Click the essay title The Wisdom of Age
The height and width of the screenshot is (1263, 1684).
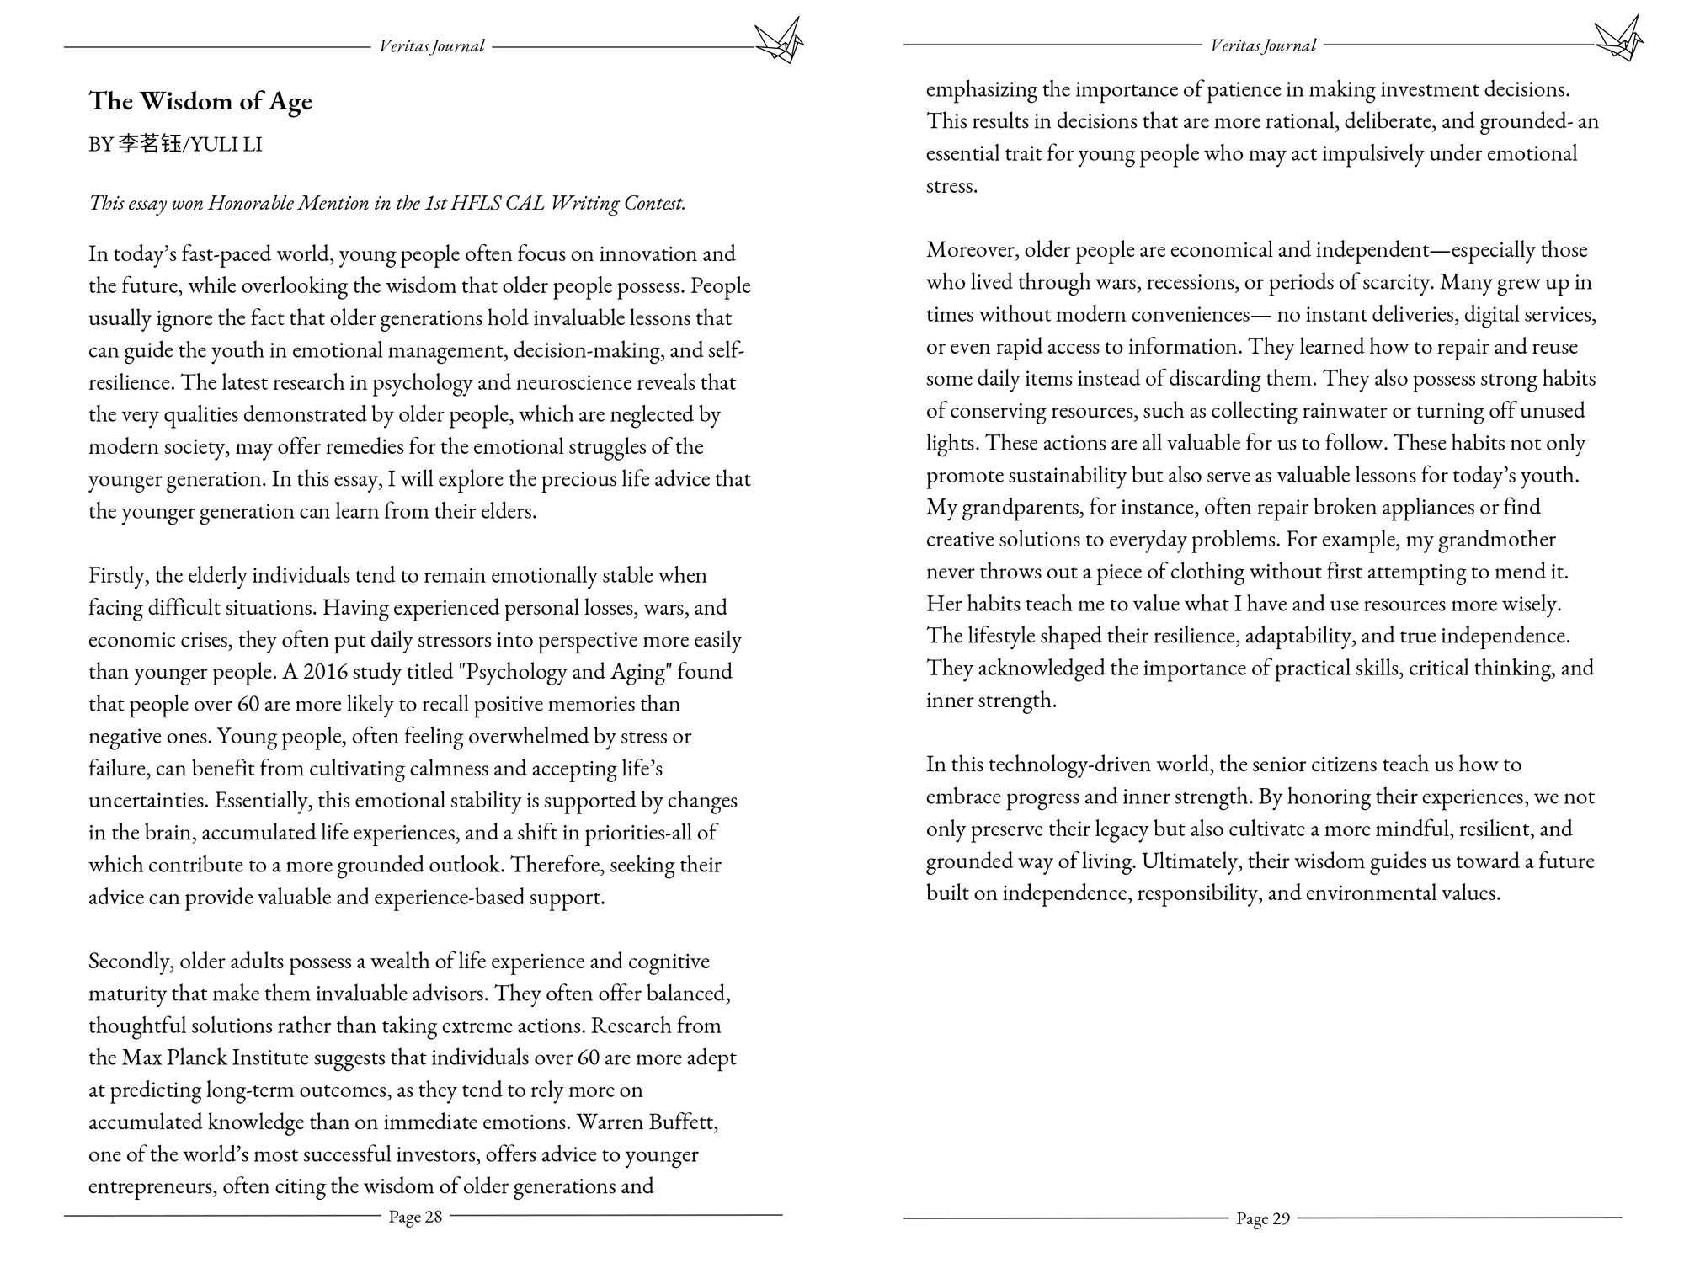pos(200,101)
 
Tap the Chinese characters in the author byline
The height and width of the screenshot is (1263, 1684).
pos(149,144)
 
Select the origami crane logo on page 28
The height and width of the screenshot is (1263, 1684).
pos(779,40)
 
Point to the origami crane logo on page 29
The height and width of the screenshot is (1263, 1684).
pos(1618,38)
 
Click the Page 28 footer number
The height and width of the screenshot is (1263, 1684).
pos(415,1217)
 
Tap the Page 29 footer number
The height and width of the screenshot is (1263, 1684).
pos(1263,1218)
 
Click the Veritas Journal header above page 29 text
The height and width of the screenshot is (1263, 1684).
pos(1263,45)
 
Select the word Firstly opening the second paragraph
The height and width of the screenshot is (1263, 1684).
pos(119,575)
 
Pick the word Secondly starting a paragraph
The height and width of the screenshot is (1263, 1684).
pos(131,961)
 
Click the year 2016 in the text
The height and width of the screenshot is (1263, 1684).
pos(325,672)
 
